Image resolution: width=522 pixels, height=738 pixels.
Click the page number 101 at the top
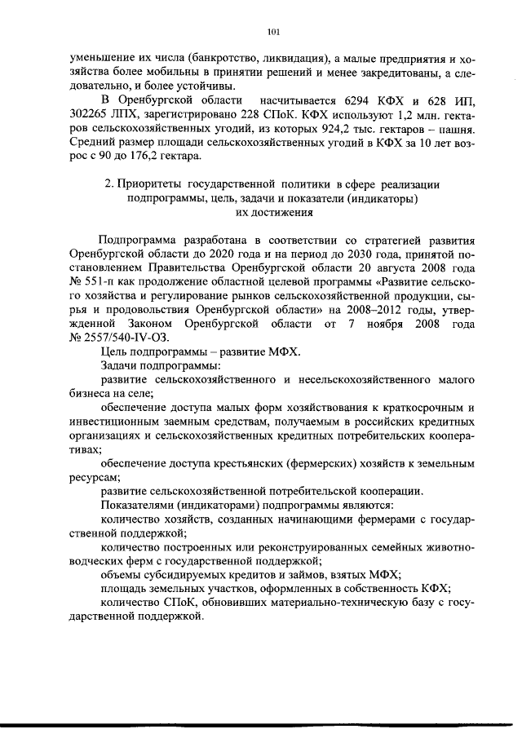[273, 32]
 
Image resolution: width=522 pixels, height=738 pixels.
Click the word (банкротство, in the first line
[229, 60]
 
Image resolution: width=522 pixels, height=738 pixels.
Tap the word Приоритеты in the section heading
[148, 185]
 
